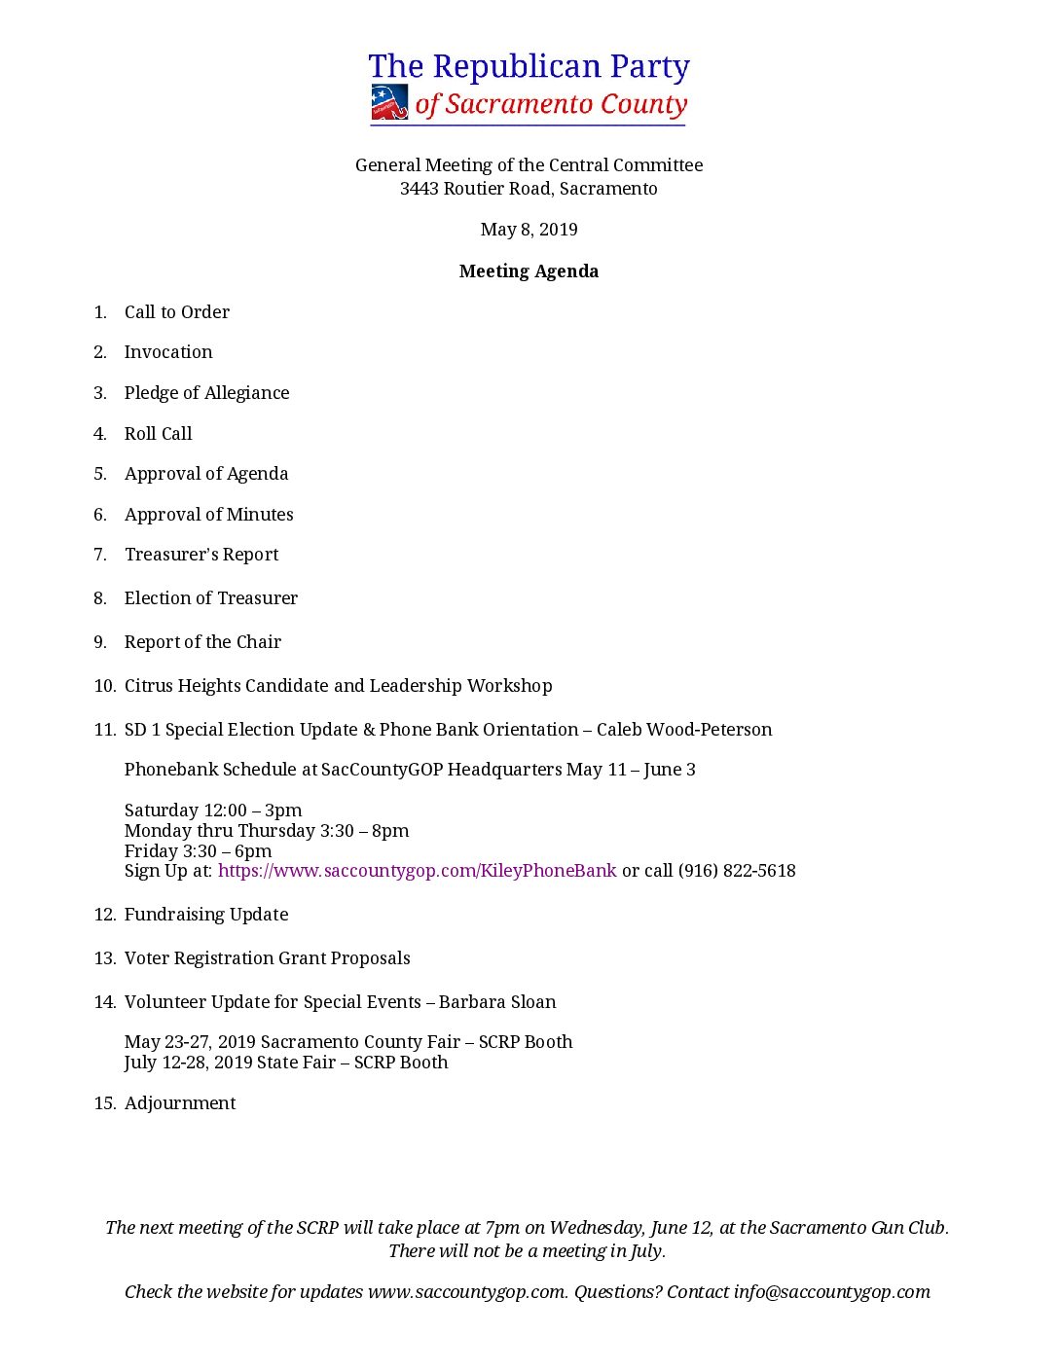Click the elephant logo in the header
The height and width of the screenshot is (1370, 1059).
pos(389,102)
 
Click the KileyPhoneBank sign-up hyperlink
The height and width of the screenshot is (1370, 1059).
pos(417,871)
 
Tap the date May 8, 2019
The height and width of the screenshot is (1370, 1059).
pos(529,230)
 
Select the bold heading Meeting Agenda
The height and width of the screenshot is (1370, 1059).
pos(529,271)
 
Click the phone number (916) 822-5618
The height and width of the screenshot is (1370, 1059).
pos(737,871)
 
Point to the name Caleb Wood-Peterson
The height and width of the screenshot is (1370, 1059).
pos(684,730)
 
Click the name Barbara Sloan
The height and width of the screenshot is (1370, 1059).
pos(497,1002)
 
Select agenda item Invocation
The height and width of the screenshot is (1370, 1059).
pos(168,352)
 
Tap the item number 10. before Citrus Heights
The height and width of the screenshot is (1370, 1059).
pos(105,686)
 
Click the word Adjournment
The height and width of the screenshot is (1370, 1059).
pos(180,1103)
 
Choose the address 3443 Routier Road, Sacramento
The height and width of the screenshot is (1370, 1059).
pos(529,189)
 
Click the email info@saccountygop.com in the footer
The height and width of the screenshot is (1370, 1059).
pos(832,1292)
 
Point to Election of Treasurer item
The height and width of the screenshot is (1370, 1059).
pos(211,598)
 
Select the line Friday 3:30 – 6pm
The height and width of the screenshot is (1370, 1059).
pos(199,851)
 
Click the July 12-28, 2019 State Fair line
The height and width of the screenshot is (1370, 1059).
pos(286,1063)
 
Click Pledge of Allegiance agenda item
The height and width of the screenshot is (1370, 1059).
pos(207,393)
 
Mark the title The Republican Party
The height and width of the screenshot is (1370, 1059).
pos(529,66)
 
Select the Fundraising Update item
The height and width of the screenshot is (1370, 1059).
pos(206,915)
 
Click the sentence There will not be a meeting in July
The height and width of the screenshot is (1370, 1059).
pos(527,1251)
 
